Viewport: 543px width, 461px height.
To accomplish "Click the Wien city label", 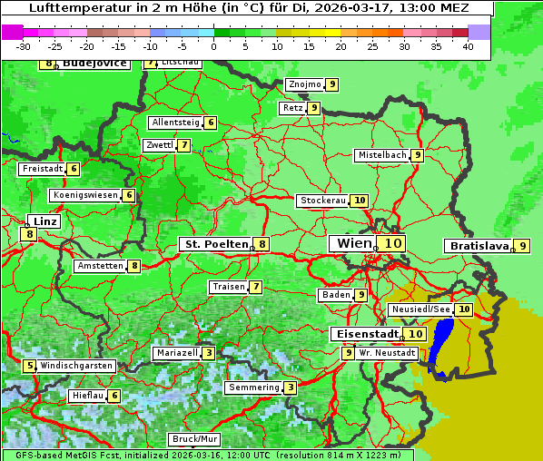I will (x=354, y=244).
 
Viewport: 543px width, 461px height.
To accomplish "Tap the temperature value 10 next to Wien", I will (x=392, y=244).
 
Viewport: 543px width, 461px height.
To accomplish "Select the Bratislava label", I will (x=478, y=246).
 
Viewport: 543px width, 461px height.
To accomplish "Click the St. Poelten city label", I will (x=216, y=244).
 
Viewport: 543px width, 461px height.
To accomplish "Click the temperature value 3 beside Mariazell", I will (x=209, y=353).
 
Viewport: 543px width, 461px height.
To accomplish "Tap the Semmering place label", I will (x=253, y=387).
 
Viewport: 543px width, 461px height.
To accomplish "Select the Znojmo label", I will (x=304, y=84).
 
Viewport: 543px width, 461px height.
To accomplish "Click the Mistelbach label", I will (x=381, y=155).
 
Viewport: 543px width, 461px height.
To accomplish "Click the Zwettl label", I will (x=159, y=145).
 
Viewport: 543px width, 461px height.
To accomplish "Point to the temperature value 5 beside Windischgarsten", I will (x=30, y=366).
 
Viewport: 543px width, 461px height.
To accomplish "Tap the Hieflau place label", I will (x=87, y=396).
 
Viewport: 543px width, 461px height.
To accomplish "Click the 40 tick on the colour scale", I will (x=468, y=45).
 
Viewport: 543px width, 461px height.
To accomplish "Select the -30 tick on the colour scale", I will (x=24, y=45).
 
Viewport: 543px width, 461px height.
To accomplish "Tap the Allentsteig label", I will (x=176, y=123).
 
